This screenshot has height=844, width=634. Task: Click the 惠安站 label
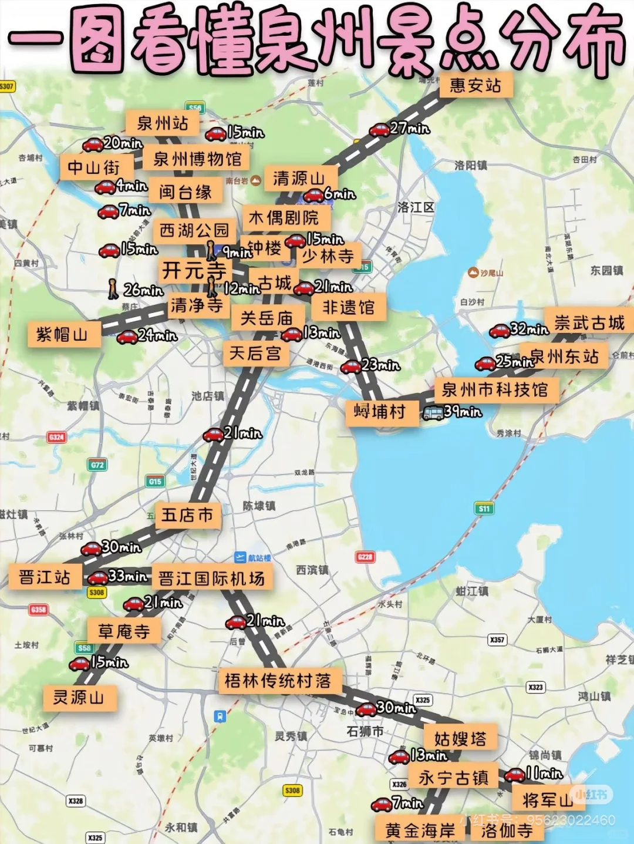(475, 86)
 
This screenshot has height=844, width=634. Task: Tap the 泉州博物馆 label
(197, 159)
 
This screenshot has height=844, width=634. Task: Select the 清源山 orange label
(299, 178)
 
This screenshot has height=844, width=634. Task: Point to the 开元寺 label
(194, 271)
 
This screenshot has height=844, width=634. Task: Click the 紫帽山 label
(62, 335)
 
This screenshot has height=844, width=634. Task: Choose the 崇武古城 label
(589, 322)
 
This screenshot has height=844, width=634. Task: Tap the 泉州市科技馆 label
(495, 389)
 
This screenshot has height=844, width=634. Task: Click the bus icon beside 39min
(433, 413)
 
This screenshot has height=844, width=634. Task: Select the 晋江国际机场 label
(211, 579)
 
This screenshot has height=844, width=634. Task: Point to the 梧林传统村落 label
(278, 681)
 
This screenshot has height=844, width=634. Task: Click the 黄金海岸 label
(420, 830)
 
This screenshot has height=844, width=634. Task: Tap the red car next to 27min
(379, 130)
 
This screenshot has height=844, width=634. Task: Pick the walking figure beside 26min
(113, 289)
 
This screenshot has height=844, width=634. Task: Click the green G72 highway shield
(97, 465)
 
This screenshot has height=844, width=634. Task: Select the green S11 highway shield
(484, 509)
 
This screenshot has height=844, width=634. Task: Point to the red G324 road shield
(56, 438)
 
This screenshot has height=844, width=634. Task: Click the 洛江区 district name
(416, 207)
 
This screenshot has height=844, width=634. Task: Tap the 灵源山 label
(79, 698)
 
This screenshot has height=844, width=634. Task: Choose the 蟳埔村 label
(380, 412)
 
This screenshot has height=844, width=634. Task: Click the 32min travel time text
(530, 328)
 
